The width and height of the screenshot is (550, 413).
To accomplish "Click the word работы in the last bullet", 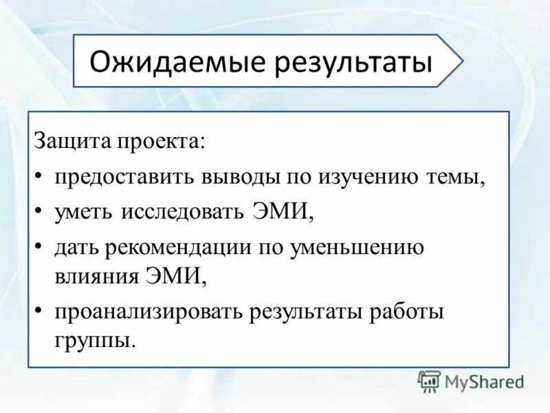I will [406, 311].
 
